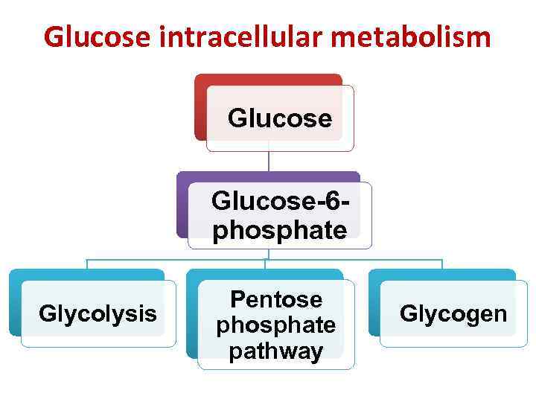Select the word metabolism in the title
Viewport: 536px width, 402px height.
coord(417,36)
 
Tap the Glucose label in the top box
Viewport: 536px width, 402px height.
coord(280,118)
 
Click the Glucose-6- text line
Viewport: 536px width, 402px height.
coord(281,201)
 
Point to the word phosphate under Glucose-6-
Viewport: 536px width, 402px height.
coord(280,230)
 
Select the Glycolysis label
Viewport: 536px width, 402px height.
coord(98,313)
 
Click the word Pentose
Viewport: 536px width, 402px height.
coord(276,299)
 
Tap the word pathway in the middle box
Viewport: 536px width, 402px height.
coord(276,351)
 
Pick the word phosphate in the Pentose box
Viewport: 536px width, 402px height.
coord(276,325)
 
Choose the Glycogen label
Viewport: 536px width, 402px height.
coord(453,313)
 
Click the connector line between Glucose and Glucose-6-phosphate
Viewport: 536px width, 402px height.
coord(269,162)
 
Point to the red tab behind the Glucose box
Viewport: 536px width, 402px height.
coord(200,104)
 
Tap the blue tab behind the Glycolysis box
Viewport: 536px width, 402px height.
coord(15,305)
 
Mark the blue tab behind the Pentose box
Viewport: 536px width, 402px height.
coord(192,313)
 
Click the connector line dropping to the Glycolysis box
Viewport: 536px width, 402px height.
coord(87,264)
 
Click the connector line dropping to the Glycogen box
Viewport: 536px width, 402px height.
coord(442,264)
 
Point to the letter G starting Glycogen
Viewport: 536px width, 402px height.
coord(407,313)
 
